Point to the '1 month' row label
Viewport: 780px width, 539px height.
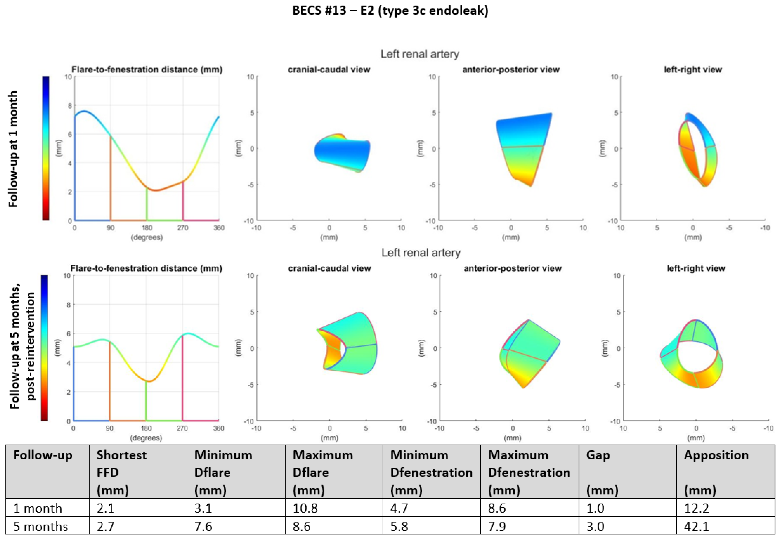point(38,508)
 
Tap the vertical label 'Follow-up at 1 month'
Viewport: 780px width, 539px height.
point(13,149)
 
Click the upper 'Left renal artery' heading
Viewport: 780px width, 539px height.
point(420,54)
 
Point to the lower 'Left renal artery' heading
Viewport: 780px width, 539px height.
point(421,253)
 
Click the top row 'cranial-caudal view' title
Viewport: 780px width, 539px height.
point(329,70)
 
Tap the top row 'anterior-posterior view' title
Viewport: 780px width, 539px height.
point(511,70)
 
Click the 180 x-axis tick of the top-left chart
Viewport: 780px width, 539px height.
point(147,228)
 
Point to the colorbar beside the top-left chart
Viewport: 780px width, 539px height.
point(46,149)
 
